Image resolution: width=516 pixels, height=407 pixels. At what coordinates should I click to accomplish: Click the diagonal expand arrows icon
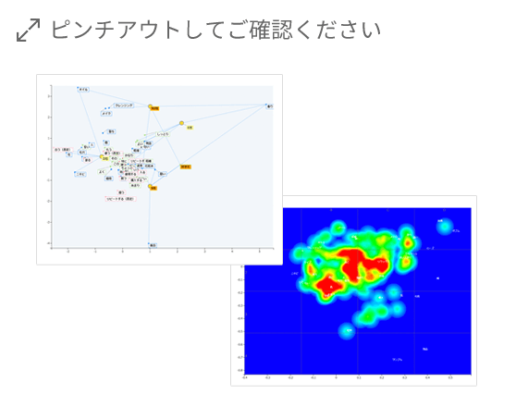click(x=28, y=31)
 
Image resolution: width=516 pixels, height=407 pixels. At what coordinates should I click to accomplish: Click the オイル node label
click(x=83, y=89)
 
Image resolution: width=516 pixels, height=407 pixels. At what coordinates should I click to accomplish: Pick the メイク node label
click(x=107, y=113)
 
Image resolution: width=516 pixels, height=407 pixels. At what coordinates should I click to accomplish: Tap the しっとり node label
click(x=163, y=135)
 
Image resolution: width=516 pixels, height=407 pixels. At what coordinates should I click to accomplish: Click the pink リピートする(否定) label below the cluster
click(x=121, y=199)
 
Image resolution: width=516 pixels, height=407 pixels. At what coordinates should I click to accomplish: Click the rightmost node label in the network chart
click(x=269, y=106)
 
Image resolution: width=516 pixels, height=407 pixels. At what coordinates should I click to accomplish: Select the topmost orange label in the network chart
click(x=154, y=108)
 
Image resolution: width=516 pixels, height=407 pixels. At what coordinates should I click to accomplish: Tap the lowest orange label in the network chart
click(x=154, y=188)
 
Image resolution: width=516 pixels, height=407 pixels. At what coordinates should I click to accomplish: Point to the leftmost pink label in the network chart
click(x=63, y=149)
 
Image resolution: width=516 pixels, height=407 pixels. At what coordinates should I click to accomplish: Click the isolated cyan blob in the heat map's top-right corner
click(x=445, y=228)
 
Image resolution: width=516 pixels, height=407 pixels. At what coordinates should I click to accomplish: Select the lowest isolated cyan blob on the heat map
click(x=347, y=329)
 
